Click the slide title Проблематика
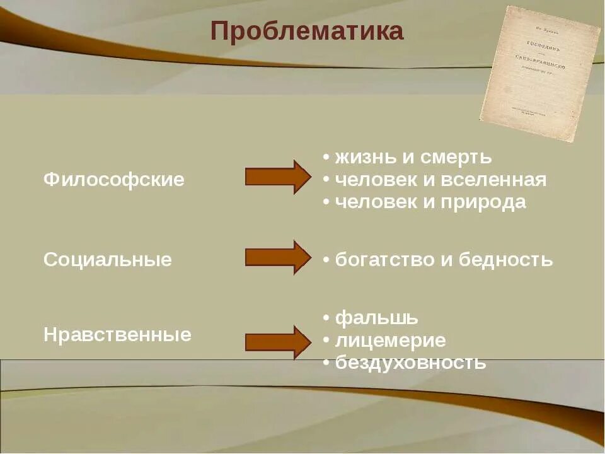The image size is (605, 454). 307,31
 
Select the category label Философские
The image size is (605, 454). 114,180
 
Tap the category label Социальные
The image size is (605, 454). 108,260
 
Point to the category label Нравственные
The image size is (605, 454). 117,335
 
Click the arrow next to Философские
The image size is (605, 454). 277,177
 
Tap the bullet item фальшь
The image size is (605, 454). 376,318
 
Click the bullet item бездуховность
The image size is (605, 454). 410,363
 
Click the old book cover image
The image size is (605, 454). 539,73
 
